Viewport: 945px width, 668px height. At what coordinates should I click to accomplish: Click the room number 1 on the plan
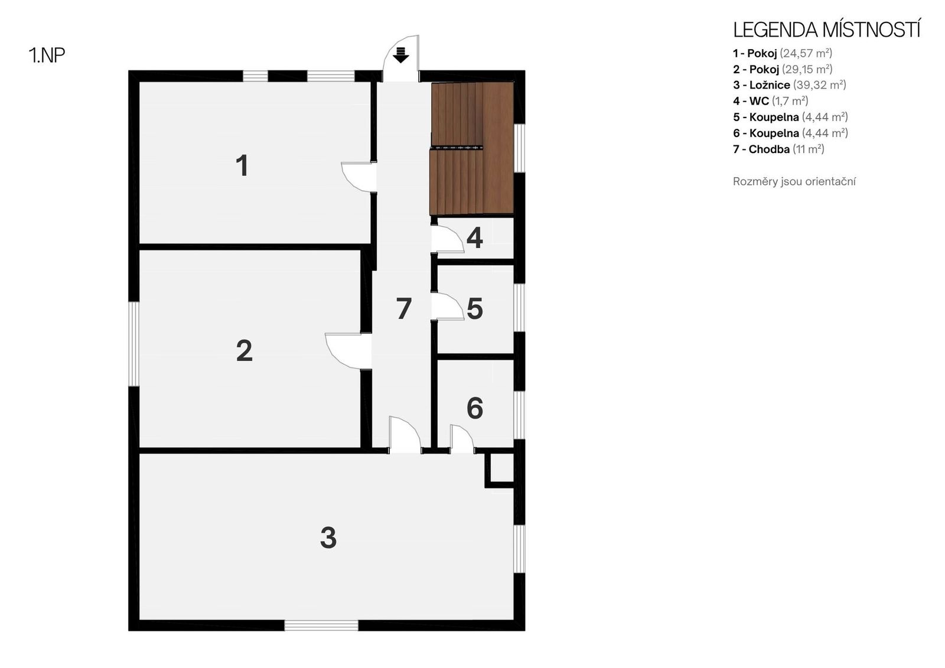click(242, 165)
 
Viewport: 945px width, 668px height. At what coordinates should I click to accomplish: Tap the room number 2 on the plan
click(245, 351)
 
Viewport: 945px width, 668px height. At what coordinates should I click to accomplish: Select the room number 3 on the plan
click(328, 537)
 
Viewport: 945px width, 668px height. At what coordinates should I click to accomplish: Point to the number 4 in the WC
click(475, 238)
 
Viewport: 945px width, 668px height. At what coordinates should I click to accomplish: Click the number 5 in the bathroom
click(475, 309)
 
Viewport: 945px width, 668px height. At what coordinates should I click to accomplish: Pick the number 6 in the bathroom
click(475, 408)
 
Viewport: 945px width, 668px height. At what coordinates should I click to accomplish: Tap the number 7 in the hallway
click(404, 308)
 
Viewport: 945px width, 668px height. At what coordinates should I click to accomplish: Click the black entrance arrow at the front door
click(400, 56)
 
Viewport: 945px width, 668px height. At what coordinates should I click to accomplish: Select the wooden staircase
click(472, 148)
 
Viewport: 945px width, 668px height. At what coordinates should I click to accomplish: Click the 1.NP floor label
click(47, 56)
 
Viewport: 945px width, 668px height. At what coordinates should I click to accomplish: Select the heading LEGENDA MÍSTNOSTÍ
click(827, 30)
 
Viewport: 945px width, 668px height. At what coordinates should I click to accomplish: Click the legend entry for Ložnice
click(789, 85)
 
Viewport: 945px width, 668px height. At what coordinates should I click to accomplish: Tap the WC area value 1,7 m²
click(790, 101)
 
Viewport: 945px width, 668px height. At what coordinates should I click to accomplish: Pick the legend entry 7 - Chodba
click(778, 149)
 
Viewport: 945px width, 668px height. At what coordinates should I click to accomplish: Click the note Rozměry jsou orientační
click(794, 181)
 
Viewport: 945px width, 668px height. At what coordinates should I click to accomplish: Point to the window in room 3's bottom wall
click(321, 625)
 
